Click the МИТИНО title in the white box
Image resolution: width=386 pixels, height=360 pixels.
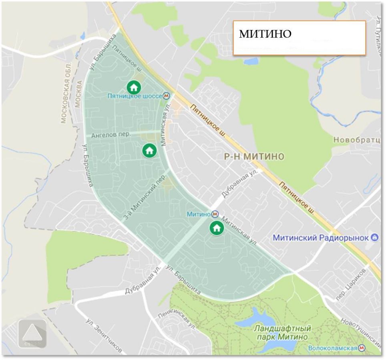[265, 34]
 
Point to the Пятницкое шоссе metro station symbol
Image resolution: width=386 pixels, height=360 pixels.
[167, 96]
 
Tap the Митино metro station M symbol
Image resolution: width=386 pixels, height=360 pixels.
[215, 214]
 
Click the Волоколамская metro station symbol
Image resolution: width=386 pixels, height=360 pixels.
[362, 348]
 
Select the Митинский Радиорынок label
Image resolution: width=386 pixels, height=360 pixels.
[320, 238]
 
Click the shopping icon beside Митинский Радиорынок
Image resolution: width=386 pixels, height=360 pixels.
[375, 238]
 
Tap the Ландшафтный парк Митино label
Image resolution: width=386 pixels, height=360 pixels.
[282, 333]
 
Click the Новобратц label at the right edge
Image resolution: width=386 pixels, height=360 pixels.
[358, 140]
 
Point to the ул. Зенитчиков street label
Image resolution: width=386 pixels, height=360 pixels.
[104, 335]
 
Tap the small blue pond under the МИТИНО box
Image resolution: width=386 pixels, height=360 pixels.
[251, 62]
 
